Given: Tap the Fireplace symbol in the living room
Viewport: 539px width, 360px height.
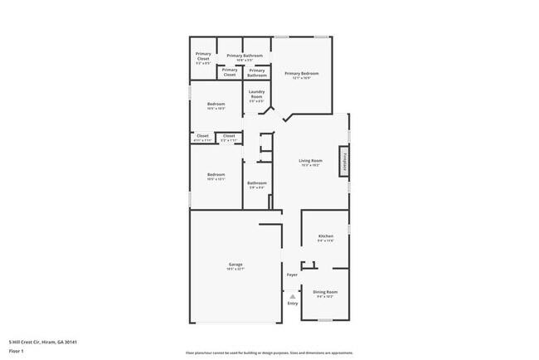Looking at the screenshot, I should (342, 161).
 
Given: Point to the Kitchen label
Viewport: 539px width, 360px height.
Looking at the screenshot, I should (326, 236).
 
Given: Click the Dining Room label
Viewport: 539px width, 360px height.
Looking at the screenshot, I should (325, 291).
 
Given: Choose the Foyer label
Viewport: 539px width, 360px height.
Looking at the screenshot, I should (292, 275).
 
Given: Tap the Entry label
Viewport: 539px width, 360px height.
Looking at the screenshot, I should (292, 303).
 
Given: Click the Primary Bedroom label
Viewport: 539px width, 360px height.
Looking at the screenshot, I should (303, 74).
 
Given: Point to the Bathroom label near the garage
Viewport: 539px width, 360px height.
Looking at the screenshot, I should (257, 182).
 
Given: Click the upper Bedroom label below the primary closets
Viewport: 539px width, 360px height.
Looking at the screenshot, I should (216, 104).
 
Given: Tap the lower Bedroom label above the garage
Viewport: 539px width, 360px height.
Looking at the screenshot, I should (216, 174).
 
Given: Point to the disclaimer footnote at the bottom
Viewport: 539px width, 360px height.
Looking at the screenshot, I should (269, 353).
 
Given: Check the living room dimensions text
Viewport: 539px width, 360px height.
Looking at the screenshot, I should (310, 165).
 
